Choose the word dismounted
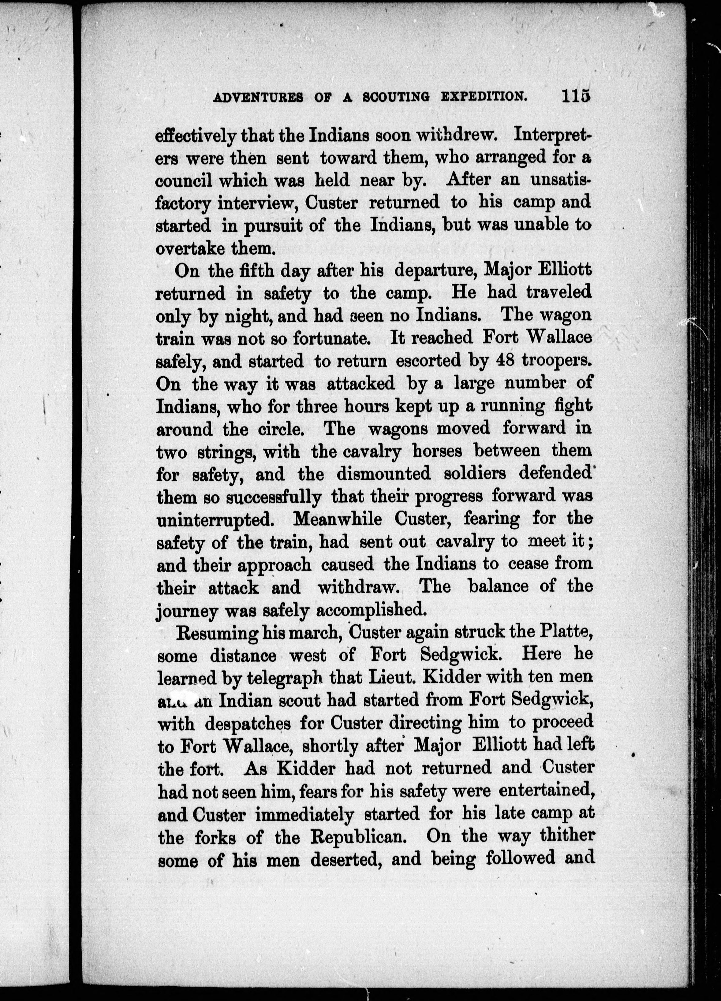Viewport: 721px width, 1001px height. pos(383,474)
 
